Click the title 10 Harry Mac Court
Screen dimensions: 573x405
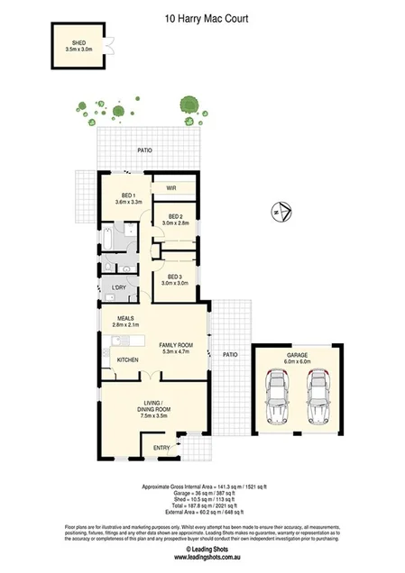pyautogui.click(x=202, y=16)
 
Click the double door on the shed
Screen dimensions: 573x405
pyautogui.click(x=108, y=48)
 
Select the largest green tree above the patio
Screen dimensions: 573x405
pyautogui.click(x=188, y=104)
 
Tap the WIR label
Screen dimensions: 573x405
pyautogui.click(x=170, y=187)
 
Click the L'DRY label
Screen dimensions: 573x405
pyautogui.click(x=117, y=287)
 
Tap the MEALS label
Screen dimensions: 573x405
pyautogui.click(x=125, y=318)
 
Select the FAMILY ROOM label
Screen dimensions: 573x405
pyautogui.click(x=177, y=345)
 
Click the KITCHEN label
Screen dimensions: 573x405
pyautogui.click(x=127, y=360)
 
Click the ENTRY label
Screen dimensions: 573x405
pyautogui.click(x=161, y=448)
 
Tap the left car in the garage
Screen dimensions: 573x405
pyautogui.click(x=279, y=399)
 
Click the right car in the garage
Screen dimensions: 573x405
pyautogui.click(x=317, y=399)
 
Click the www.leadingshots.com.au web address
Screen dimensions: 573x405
pyautogui.click(x=202, y=558)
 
